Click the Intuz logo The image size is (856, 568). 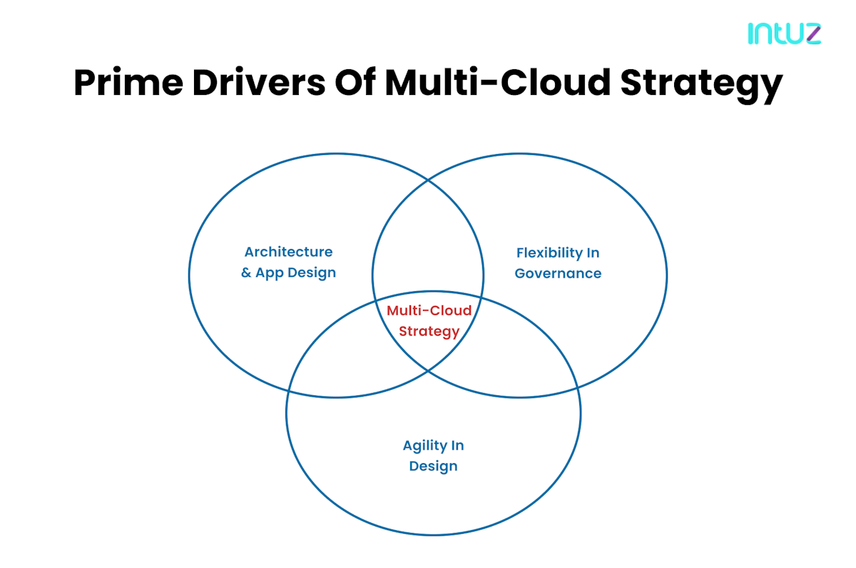click(784, 34)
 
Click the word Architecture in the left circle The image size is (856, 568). click(288, 252)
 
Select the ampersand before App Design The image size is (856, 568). click(246, 273)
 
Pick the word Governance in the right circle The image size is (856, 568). click(558, 274)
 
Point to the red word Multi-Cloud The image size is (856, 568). click(429, 311)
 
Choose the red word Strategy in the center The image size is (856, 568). click(429, 332)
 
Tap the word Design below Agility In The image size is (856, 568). click(433, 467)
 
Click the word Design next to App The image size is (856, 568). click(312, 273)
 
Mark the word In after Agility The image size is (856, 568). click(457, 446)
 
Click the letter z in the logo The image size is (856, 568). click(811, 34)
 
